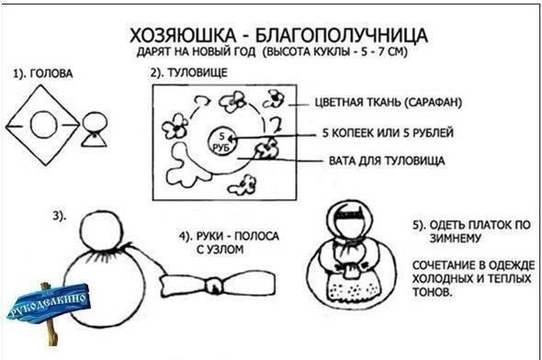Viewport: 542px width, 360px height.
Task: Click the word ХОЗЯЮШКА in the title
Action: point(183,35)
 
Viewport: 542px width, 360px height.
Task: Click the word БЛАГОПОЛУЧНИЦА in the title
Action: point(342,35)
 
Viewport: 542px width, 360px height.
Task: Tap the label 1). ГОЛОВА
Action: point(43,74)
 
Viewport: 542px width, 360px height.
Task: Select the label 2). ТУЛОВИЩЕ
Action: point(188,73)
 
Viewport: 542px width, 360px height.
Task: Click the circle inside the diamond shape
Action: point(43,125)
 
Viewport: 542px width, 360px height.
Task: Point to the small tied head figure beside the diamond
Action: point(95,129)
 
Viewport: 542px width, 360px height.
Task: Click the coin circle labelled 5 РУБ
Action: point(222,141)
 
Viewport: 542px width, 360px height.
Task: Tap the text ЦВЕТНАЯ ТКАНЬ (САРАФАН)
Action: point(389,103)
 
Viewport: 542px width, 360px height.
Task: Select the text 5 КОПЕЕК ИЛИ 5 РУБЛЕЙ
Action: point(388,132)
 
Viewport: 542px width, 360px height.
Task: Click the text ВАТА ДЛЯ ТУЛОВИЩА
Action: point(387,161)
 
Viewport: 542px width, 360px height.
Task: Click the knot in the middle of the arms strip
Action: point(214,286)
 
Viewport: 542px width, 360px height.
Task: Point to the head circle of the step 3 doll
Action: point(101,231)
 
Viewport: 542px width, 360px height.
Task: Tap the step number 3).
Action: point(59,217)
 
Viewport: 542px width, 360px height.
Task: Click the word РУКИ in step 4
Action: point(209,236)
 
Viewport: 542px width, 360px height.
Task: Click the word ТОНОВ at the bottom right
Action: point(432,292)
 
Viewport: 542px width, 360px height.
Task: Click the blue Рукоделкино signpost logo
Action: point(48,304)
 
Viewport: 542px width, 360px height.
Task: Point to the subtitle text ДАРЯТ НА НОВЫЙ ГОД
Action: point(197,51)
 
